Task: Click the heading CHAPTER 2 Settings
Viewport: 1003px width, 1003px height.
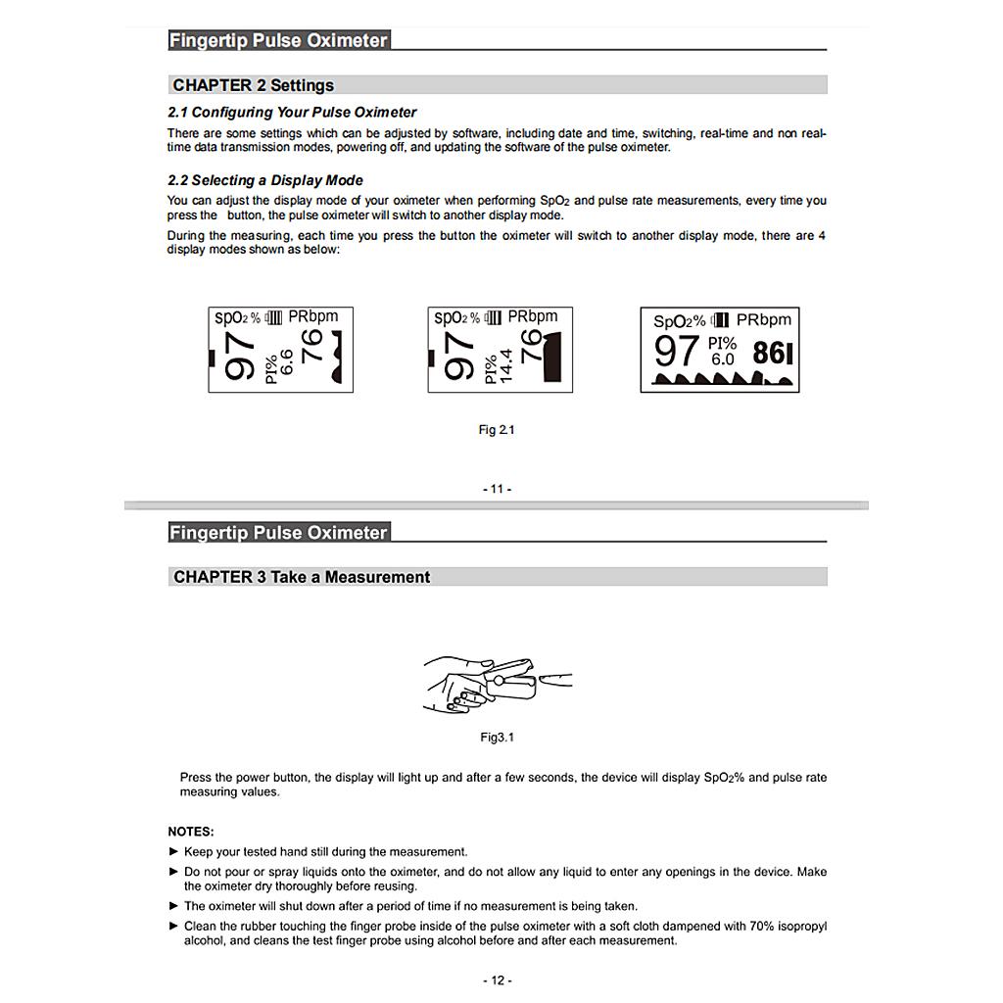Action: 253,85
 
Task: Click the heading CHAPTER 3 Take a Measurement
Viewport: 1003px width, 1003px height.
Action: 301,577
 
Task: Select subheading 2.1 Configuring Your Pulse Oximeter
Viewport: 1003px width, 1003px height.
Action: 292,112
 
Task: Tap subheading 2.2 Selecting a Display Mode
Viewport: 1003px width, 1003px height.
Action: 264,180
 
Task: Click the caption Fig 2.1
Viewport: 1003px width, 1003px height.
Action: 496,430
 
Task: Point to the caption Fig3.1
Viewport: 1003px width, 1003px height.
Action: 497,738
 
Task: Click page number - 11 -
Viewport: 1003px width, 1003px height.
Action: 497,489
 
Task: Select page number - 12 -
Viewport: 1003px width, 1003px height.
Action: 497,980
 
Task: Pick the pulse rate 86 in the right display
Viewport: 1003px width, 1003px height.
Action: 769,353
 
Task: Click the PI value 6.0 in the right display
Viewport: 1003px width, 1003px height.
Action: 722,359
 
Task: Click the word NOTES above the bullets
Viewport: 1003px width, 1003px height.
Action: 190,832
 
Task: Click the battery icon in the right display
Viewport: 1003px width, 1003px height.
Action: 721,320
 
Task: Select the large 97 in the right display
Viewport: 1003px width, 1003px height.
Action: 676,351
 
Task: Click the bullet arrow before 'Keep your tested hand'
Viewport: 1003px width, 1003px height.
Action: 174,851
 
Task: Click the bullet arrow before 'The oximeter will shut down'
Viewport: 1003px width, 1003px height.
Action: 174,906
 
